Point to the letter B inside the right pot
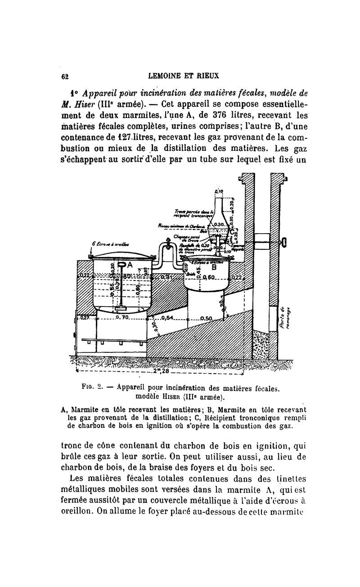coord(214,267)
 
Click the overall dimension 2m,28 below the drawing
coord(160,371)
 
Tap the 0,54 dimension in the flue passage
coord(167,318)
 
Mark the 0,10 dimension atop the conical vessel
coord(219,191)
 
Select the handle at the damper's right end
coord(284,244)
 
